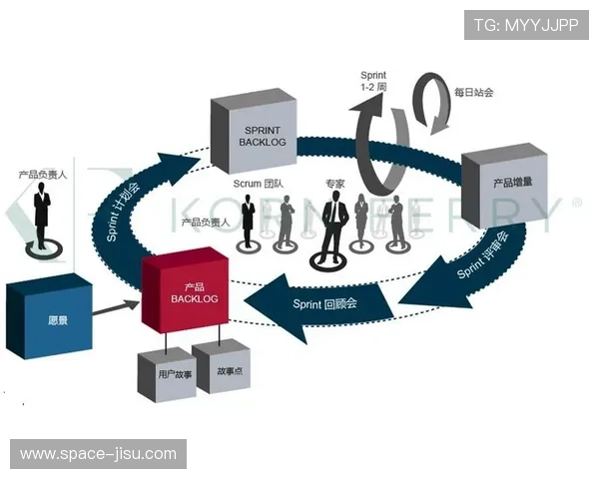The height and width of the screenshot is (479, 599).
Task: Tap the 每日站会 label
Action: coord(474,93)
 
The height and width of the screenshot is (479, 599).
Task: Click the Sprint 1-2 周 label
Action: coord(376,81)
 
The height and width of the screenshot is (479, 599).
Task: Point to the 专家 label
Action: coord(333,184)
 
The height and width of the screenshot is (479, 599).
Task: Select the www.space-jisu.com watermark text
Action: coord(98,454)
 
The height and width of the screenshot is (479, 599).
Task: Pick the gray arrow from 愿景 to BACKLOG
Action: coord(119,306)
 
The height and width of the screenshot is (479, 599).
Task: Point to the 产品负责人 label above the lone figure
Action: coord(42,175)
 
